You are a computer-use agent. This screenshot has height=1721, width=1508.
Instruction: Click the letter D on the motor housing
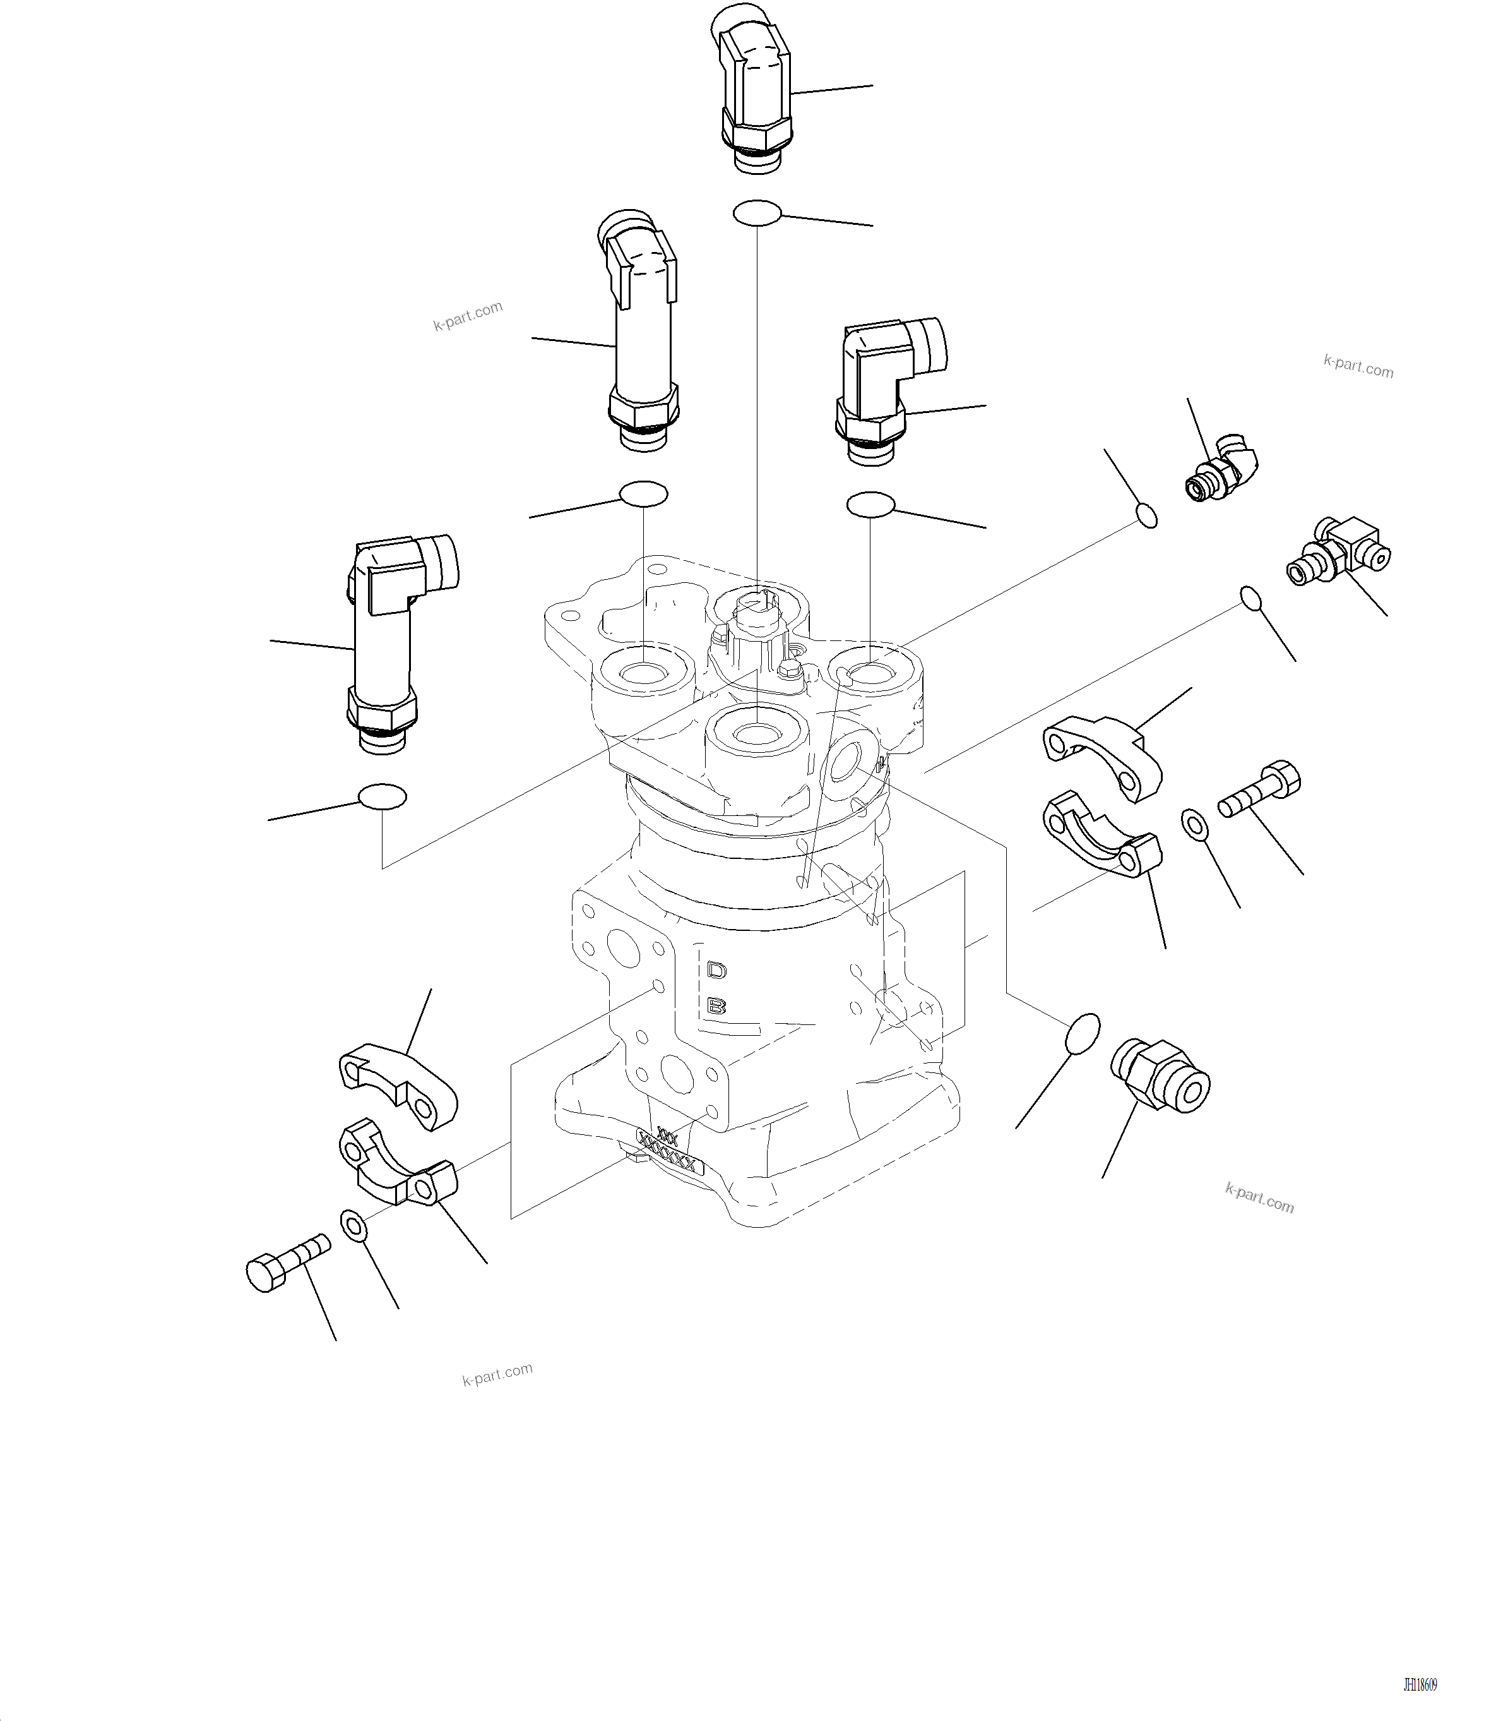[716, 970]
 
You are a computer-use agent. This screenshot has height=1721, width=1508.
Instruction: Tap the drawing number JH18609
[1420, 1685]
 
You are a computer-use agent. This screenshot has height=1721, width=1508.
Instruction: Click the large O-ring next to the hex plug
[1082, 1033]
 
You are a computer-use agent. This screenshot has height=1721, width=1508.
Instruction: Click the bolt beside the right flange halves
[1259, 788]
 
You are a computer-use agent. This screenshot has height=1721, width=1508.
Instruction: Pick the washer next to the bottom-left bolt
[353, 1225]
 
